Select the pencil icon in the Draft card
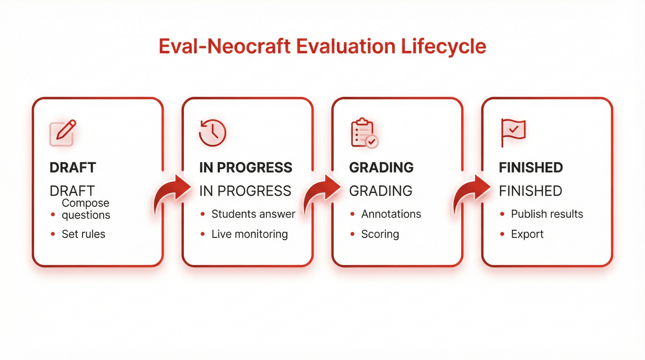(x=63, y=133)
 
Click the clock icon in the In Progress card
(x=212, y=132)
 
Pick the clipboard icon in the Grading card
(x=365, y=133)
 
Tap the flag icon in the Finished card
(x=513, y=133)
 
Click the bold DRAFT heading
(x=73, y=168)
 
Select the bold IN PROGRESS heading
(x=246, y=168)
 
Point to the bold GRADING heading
(x=381, y=168)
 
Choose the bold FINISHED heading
(x=531, y=168)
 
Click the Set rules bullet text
(x=84, y=234)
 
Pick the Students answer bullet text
(x=254, y=214)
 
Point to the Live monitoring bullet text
(x=250, y=234)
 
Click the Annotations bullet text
(x=391, y=214)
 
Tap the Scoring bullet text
(x=380, y=234)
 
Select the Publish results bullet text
(x=547, y=214)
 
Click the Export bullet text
(x=527, y=234)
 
